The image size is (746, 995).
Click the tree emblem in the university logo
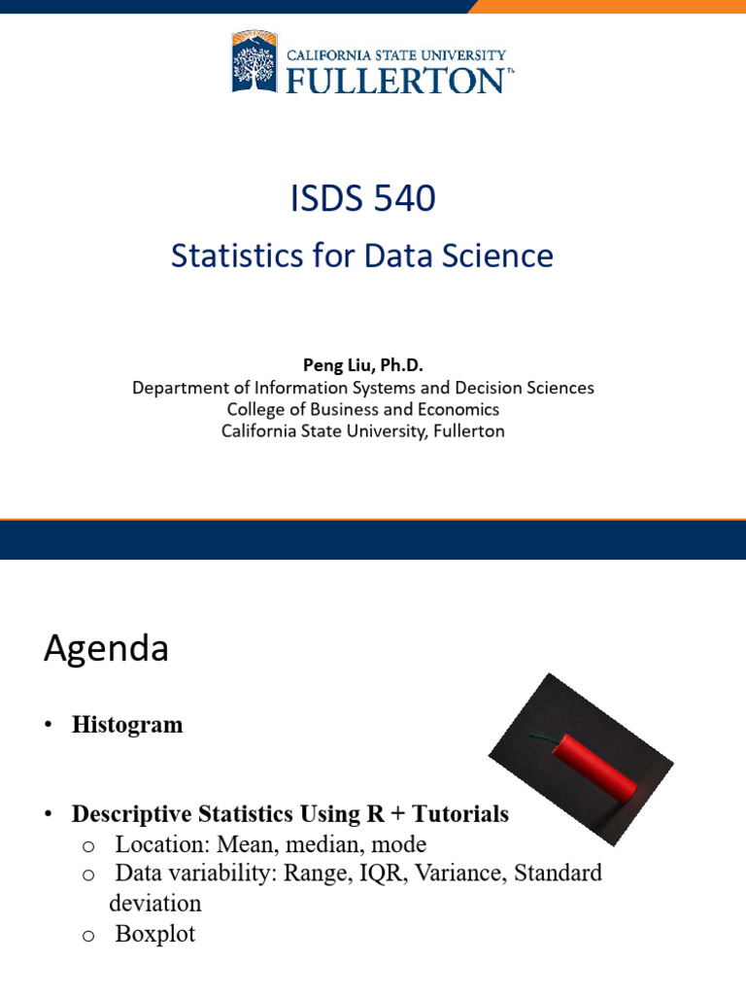click(254, 61)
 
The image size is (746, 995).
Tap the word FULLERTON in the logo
click(396, 81)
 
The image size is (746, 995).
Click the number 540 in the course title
click(404, 197)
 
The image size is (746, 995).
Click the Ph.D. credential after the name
click(401, 365)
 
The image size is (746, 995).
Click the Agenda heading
click(106, 649)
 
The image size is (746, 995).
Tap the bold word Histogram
click(127, 725)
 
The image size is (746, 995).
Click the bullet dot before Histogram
click(48, 725)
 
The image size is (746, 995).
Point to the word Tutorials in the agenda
click(460, 813)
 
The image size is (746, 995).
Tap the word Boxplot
click(155, 934)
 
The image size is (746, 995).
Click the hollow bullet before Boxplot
click(88, 936)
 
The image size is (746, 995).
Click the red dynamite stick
click(593, 769)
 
